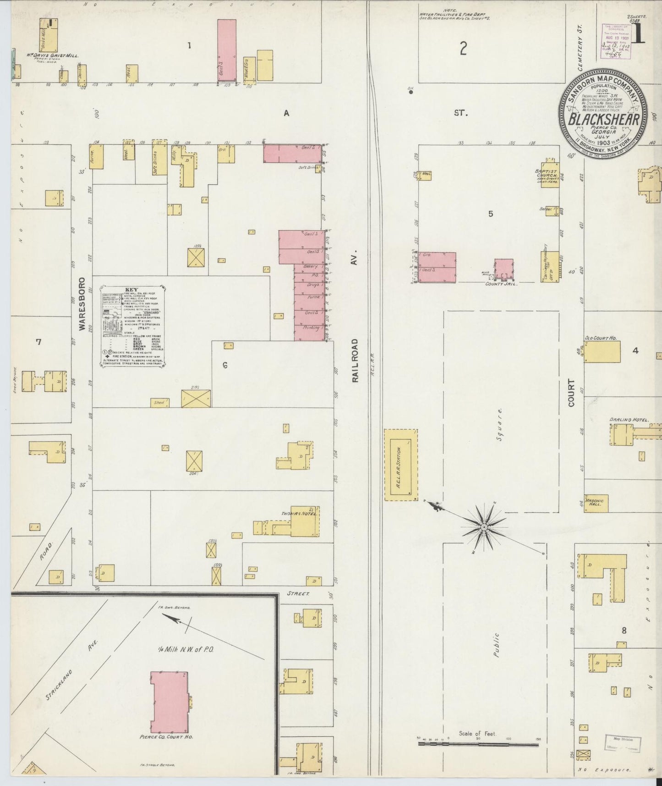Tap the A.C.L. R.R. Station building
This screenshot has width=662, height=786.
pyautogui.click(x=401, y=465)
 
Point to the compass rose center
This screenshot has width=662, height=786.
pyautogui.click(x=484, y=527)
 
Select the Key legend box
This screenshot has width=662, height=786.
pyautogui.click(x=132, y=326)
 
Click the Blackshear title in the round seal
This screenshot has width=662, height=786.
pyautogui.click(x=603, y=119)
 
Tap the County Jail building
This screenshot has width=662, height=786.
pyautogui.click(x=503, y=270)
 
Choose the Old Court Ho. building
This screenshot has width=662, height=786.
pyautogui.click(x=602, y=351)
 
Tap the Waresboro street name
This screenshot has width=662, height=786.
pyautogui.click(x=83, y=303)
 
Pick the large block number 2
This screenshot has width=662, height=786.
pyautogui.click(x=463, y=48)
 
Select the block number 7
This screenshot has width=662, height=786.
pyautogui.click(x=38, y=342)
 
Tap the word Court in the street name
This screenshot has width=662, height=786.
pyautogui.click(x=571, y=393)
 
